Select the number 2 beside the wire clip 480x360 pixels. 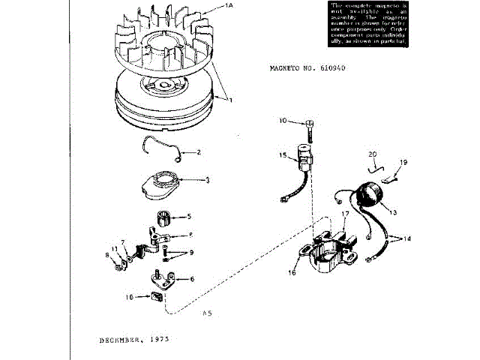pos(198,152)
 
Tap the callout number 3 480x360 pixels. pos(207,180)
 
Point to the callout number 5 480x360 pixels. pos(189,215)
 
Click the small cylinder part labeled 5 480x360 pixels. pos(164,219)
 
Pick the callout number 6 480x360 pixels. pos(192,279)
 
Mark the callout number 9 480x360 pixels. pos(191,252)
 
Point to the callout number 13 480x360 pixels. pos(391,212)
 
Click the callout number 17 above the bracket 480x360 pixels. pos(345,214)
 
